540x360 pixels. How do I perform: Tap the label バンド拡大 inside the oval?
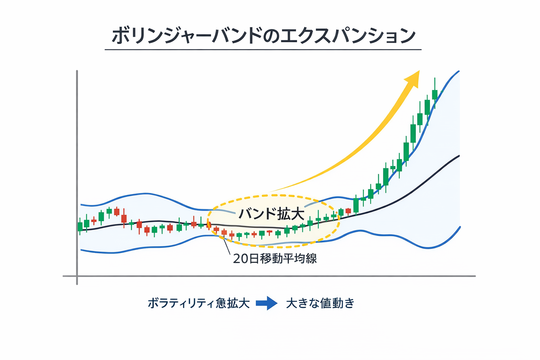[x=271, y=214]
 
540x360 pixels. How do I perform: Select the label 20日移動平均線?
[x=275, y=259]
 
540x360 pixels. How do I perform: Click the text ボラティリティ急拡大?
[x=199, y=303]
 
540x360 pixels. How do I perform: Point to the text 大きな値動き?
[x=320, y=303]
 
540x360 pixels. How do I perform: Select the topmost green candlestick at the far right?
[x=435, y=94]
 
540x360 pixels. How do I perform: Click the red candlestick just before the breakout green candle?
[x=348, y=211]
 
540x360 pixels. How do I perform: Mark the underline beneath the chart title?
[x=263, y=50]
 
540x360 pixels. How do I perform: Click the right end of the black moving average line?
[x=458, y=156]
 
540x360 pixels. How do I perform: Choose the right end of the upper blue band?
[x=458, y=72]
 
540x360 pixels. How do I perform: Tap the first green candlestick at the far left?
[x=80, y=226]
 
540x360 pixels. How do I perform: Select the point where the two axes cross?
[x=77, y=276]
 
